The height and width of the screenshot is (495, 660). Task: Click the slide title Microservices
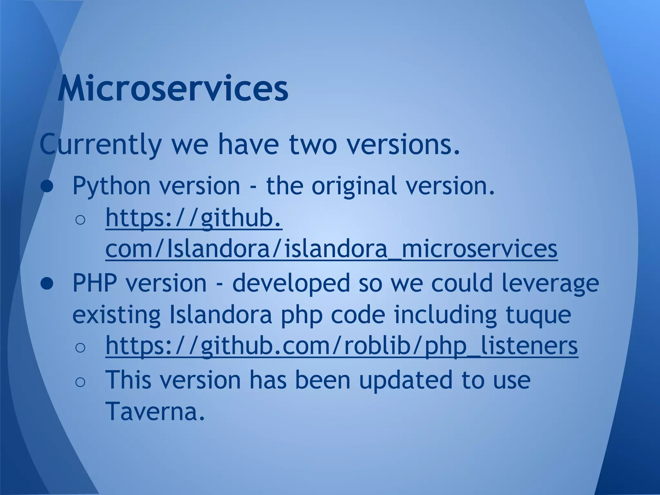[173, 88]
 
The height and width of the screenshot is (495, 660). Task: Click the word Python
[112, 186]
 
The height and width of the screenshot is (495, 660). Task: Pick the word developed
[291, 283]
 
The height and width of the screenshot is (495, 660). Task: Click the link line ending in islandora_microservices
[331, 249]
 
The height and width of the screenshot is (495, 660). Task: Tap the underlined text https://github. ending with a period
[194, 218]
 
